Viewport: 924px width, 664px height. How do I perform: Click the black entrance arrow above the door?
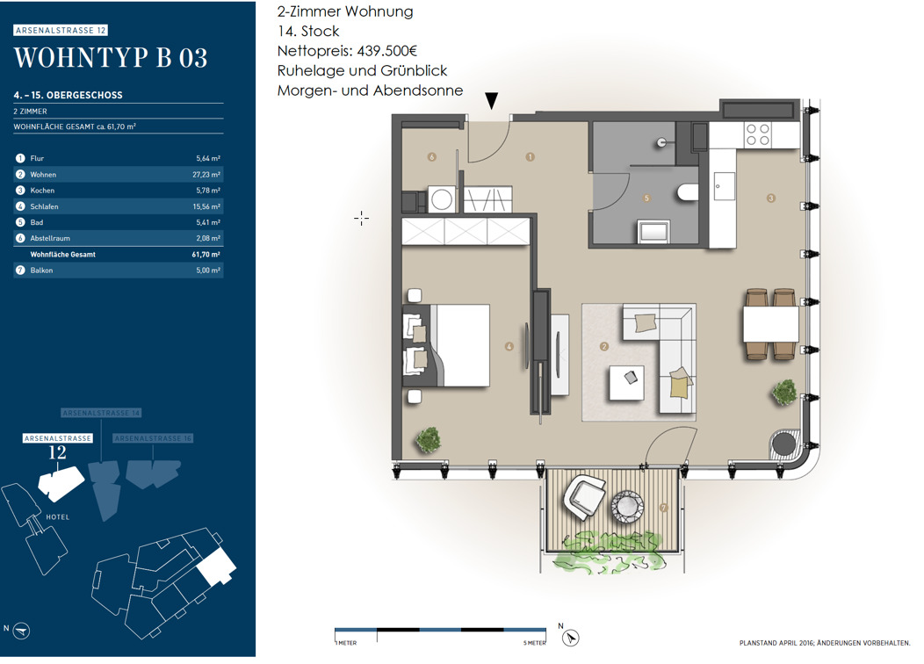point(491,101)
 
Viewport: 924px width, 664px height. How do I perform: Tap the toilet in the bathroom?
point(688,192)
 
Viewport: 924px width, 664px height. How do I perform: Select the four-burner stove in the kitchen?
point(757,135)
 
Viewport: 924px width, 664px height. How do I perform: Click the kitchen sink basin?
point(724,187)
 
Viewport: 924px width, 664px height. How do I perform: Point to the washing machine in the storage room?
point(442,199)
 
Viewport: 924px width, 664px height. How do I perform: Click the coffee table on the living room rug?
point(626,383)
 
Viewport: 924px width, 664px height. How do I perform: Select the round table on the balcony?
point(628,506)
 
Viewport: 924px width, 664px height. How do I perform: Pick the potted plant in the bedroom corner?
point(429,439)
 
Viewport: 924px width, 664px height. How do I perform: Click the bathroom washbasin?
point(653,231)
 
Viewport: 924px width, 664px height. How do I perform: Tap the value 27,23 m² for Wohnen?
point(206,175)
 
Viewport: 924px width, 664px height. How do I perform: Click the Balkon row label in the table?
point(42,271)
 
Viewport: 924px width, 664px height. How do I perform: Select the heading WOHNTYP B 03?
point(111,58)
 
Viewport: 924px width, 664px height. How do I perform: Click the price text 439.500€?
point(386,51)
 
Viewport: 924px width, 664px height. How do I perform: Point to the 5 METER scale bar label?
point(535,643)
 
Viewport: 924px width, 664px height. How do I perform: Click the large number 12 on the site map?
point(57,452)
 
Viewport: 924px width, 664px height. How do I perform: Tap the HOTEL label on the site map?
point(58,517)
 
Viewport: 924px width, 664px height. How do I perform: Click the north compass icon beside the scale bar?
point(570,638)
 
